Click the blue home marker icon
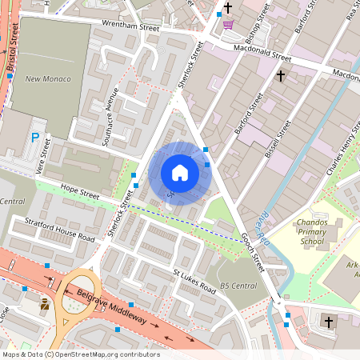[x=180, y=173]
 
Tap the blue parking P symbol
[x=35, y=138]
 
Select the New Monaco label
[x=48, y=79]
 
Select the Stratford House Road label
[x=60, y=229]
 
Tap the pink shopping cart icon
[x=228, y=24]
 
